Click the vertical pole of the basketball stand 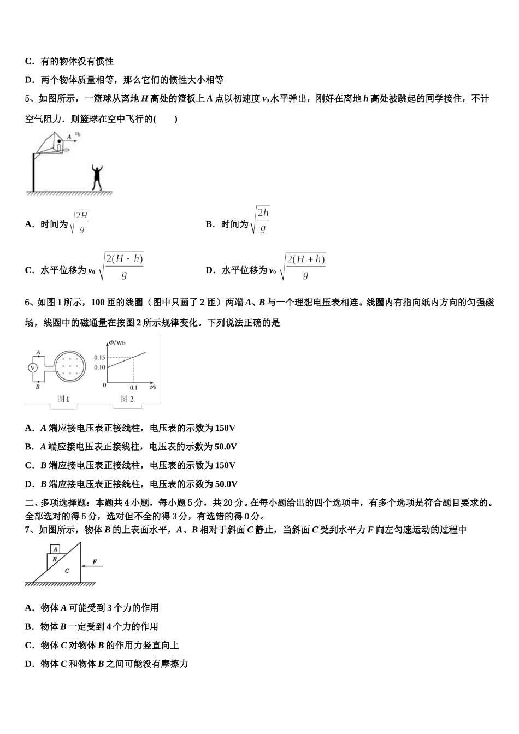[x=33, y=171]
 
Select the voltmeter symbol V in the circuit [x=32, y=368]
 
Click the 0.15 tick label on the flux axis [x=99, y=357]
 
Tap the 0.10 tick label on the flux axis [x=99, y=367]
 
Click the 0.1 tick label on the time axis [x=134, y=387]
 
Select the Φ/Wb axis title [x=117, y=342]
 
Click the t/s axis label [x=152, y=386]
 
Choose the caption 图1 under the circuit [x=63, y=399]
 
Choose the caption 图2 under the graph [x=127, y=399]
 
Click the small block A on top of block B [x=55, y=549]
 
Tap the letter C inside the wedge [x=67, y=571]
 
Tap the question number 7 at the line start [x=28, y=530]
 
